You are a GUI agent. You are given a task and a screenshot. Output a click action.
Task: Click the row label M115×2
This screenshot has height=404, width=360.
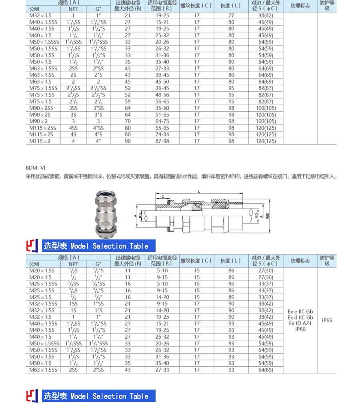[x=40, y=141]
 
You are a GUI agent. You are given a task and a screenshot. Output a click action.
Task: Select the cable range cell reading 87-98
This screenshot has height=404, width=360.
[x=162, y=141]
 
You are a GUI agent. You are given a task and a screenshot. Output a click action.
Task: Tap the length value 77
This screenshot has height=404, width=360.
[x=231, y=15]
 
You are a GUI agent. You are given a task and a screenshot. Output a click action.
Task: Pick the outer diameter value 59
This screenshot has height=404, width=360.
[x=128, y=101]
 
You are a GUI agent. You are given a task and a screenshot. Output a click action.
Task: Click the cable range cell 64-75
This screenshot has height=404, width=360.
[x=162, y=121]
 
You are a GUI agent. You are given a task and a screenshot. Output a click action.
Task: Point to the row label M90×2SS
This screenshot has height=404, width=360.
[x=41, y=108]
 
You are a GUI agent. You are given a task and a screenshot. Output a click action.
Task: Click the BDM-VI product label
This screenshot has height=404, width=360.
[x=36, y=168]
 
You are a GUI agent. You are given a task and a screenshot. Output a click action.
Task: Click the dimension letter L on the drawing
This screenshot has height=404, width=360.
[x=199, y=192]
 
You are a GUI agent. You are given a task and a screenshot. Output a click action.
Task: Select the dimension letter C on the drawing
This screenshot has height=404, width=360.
[x=163, y=196]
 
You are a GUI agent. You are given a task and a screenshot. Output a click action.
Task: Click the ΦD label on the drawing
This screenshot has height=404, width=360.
[x=256, y=215]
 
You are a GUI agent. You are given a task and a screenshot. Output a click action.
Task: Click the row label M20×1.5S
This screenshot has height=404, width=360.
[x=42, y=271]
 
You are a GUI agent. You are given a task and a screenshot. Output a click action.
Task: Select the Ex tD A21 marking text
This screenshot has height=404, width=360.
[x=300, y=323]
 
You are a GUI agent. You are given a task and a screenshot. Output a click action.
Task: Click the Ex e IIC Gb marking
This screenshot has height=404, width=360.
[x=300, y=312]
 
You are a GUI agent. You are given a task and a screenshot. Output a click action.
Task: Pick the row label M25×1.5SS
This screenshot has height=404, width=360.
[x=43, y=284]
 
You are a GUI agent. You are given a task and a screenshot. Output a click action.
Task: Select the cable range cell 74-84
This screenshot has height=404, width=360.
[x=162, y=135]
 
